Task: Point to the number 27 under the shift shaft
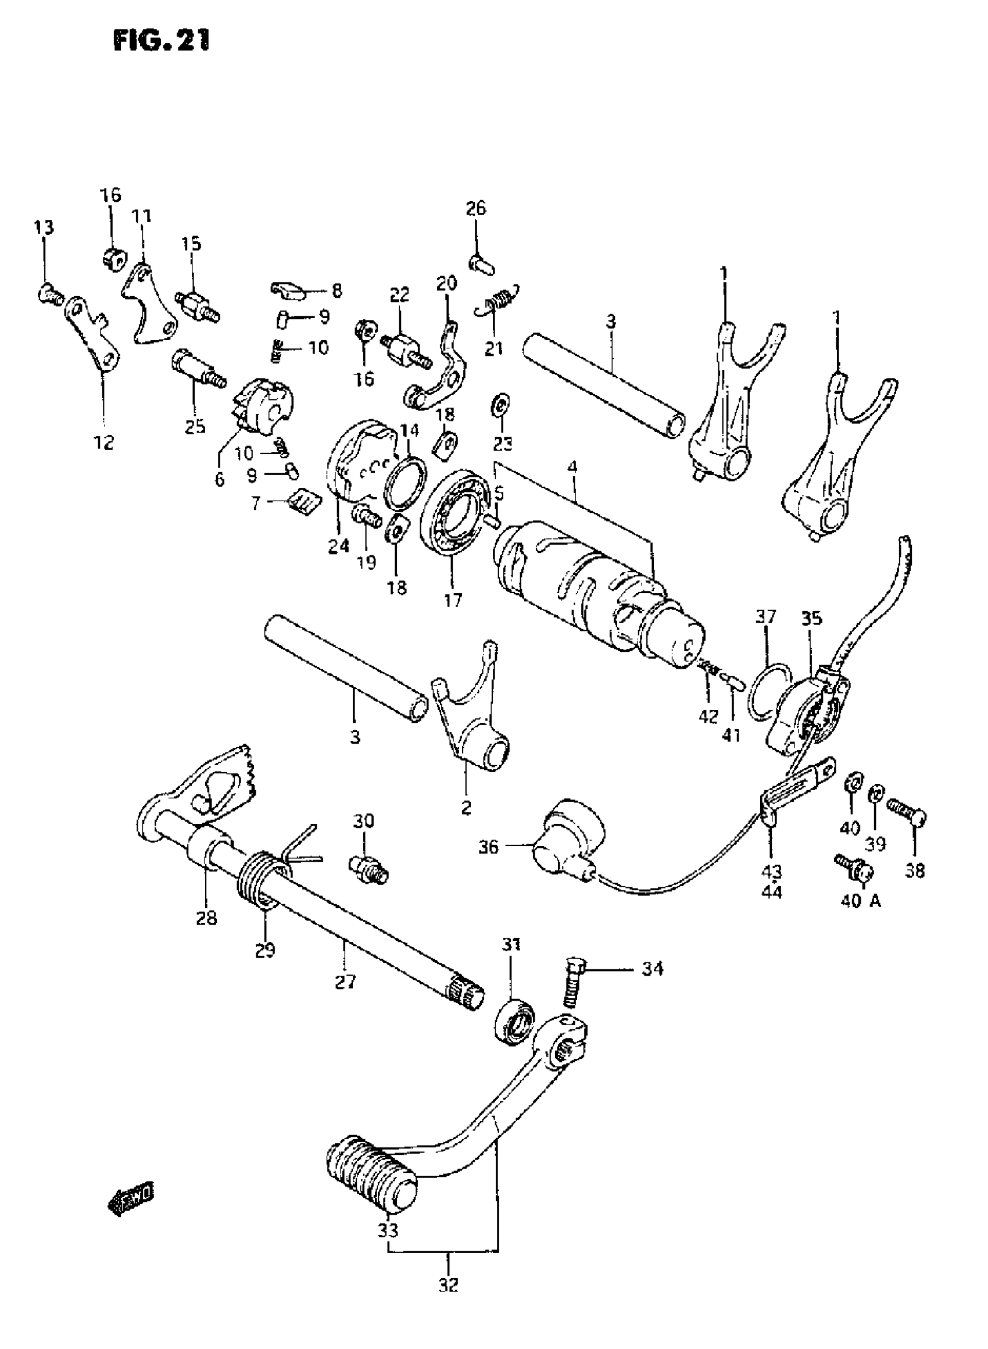(x=345, y=982)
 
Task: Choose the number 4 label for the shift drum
(x=572, y=466)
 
